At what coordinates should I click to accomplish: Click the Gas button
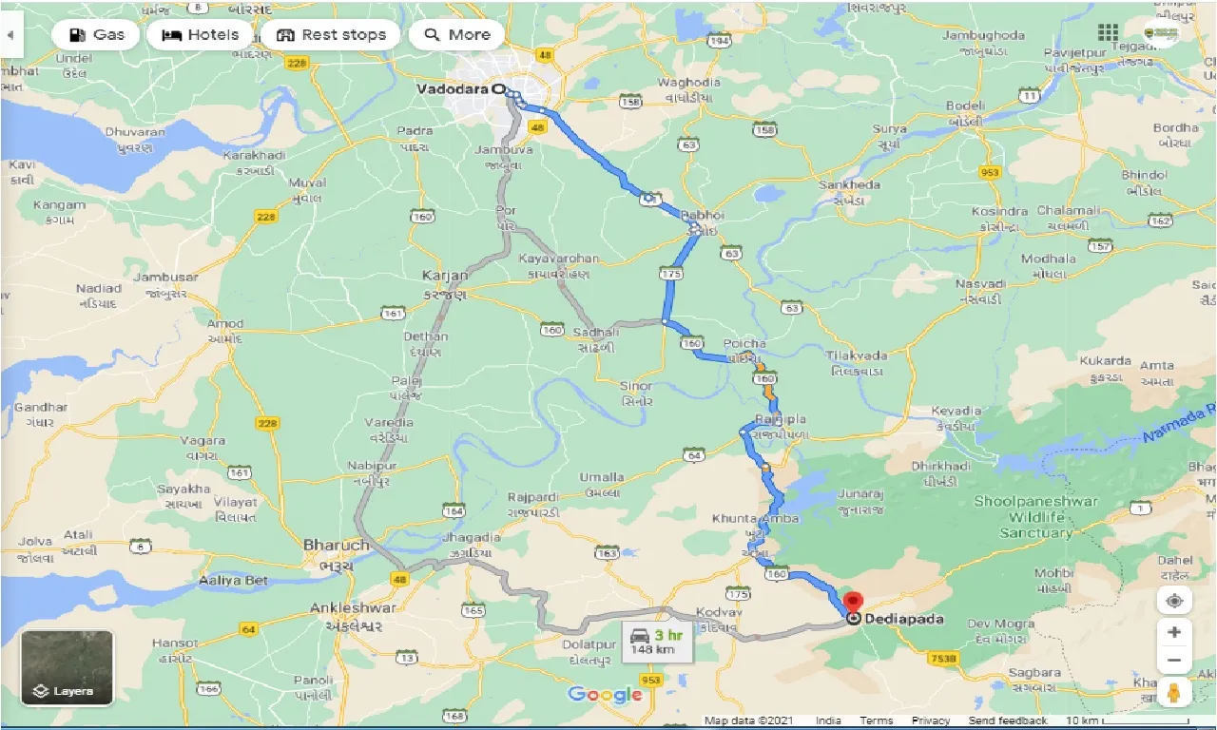pos(96,35)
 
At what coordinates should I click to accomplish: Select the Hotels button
pos(199,35)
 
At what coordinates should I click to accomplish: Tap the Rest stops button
pos(331,35)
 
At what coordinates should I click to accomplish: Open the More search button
pos(456,35)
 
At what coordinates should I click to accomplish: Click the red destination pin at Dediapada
pos(853,604)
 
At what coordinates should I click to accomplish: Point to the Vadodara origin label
pos(452,88)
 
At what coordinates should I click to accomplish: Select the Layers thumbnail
pos(67,668)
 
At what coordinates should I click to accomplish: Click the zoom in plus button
pos(1175,632)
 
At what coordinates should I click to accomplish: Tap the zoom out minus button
pos(1175,661)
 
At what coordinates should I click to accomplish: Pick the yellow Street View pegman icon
pos(1175,692)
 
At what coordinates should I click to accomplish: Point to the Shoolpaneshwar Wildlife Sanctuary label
pos(1035,516)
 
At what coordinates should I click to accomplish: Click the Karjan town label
pos(445,276)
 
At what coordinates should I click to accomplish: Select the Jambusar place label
pos(166,278)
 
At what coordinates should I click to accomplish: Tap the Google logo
pos(605,695)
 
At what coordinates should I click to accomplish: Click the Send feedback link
pos(1008,721)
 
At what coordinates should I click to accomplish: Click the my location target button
pos(1175,601)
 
